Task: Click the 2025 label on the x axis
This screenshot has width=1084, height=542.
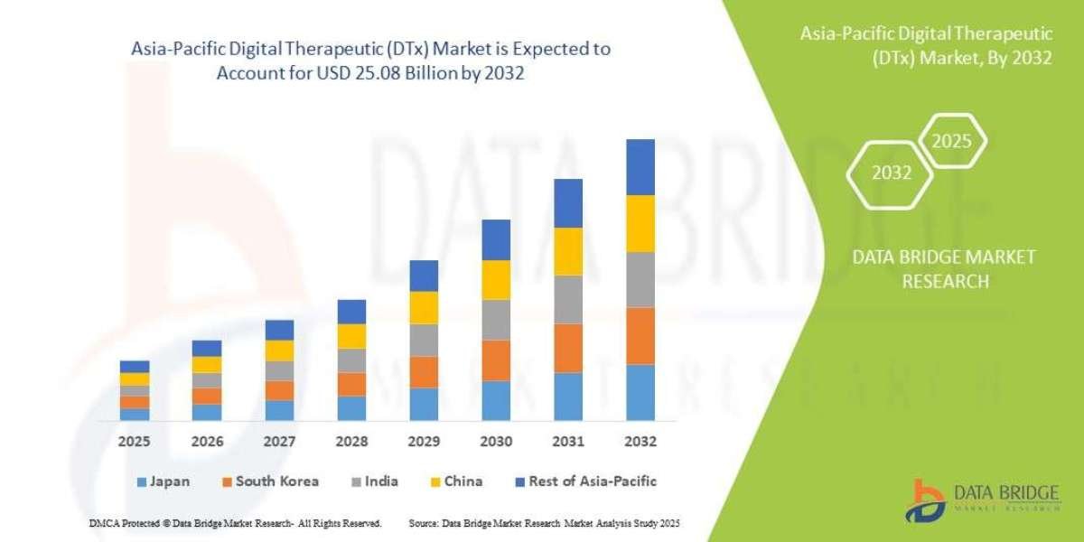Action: click(x=135, y=443)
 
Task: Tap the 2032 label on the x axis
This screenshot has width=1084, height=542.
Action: click(x=640, y=443)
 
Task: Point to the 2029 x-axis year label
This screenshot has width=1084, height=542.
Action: click(x=424, y=443)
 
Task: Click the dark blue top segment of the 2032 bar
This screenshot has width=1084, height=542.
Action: click(x=640, y=167)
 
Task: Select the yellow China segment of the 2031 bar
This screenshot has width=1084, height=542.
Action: click(x=568, y=251)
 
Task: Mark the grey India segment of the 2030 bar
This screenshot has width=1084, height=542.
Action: click(x=496, y=320)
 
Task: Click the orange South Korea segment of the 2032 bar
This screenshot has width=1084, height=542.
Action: click(x=640, y=336)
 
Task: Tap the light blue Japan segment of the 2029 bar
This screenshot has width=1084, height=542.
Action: click(x=424, y=404)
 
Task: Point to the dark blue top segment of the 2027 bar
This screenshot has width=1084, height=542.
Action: click(x=279, y=330)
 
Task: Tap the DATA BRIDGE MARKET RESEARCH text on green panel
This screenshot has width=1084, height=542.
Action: click(x=944, y=269)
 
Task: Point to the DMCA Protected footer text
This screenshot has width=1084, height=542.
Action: click(x=235, y=523)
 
